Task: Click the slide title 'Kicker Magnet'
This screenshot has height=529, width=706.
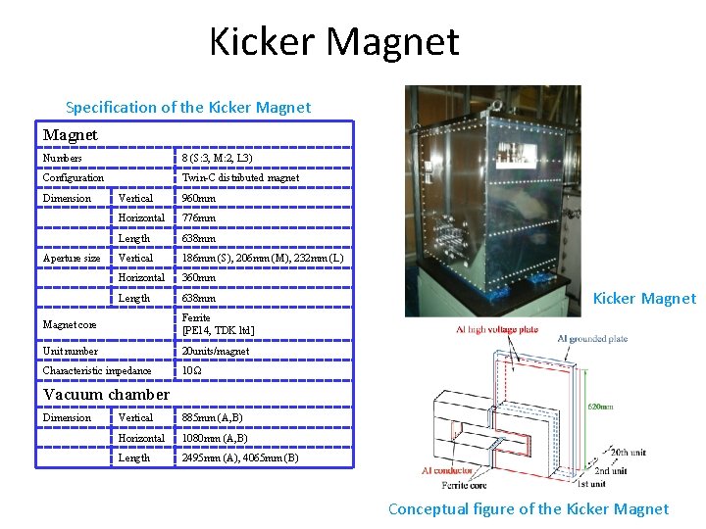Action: [x=334, y=42]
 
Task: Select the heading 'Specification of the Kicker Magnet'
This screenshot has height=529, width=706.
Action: [x=187, y=107]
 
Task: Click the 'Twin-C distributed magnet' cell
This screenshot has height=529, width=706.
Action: [x=241, y=178]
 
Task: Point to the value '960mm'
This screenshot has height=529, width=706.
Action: [x=199, y=199]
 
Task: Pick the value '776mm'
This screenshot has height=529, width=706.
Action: [x=199, y=218]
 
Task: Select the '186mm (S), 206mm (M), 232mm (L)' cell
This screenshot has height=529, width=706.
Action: [x=262, y=259]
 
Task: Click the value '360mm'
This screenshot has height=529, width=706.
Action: [x=199, y=278]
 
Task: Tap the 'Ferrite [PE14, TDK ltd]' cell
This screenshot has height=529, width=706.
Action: [x=218, y=324]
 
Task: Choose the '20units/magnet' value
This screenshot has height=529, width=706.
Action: [x=216, y=351]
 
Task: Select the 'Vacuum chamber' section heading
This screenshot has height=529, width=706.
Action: [x=107, y=395]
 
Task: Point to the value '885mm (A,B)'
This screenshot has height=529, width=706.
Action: [x=215, y=418]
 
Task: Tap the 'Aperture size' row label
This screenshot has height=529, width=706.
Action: [x=72, y=259]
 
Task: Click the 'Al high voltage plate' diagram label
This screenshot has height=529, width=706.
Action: [x=488, y=330]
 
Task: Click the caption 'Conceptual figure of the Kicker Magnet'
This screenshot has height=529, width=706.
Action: [x=529, y=508]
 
